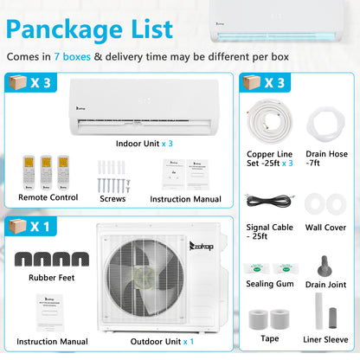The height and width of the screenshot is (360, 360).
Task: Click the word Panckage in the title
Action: coord(65,29)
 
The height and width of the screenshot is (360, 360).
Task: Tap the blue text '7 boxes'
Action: coord(72,57)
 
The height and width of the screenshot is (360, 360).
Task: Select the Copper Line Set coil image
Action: coord(269,122)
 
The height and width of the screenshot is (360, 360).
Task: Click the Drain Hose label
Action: coord(326,158)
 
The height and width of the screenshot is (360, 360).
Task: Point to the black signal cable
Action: coord(270,201)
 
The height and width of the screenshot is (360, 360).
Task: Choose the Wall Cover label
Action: coord(325,228)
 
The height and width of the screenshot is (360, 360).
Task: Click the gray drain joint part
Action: coord(325,267)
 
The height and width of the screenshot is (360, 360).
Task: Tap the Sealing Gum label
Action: coord(270,284)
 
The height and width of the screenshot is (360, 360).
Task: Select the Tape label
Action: coord(270,338)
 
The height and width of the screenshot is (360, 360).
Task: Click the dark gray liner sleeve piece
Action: coord(332,318)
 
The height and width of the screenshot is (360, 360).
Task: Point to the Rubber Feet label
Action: coord(52,278)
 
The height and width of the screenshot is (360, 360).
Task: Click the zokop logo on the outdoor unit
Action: coord(202,246)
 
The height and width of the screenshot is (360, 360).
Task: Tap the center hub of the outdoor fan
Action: coord(145,277)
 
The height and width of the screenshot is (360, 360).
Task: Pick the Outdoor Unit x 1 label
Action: coord(162,342)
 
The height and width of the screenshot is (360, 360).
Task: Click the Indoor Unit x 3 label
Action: coord(145,144)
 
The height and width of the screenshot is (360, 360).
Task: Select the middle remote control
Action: coord(46,172)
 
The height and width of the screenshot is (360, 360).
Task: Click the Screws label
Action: coord(112,199)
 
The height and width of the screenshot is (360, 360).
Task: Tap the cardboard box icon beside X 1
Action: coord(17,226)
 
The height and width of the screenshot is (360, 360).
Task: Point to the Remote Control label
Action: coord(48,197)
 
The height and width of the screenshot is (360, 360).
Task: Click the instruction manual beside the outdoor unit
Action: coord(49,312)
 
